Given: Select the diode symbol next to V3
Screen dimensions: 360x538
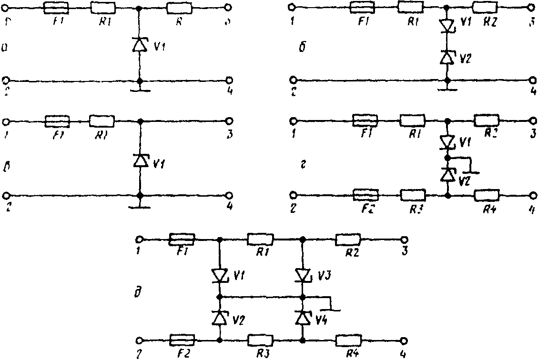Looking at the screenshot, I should (x=303, y=275).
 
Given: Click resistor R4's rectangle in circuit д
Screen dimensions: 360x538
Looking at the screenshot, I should (x=348, y=340).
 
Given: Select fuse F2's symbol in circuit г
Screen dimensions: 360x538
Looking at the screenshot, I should (x=365, y=195).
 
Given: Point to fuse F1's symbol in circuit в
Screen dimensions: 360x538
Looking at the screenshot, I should (x=57, y=121).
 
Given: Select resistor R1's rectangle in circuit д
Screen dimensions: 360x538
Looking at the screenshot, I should (x=260, y=239).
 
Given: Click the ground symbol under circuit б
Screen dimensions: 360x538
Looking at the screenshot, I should (x=447, y=89).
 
